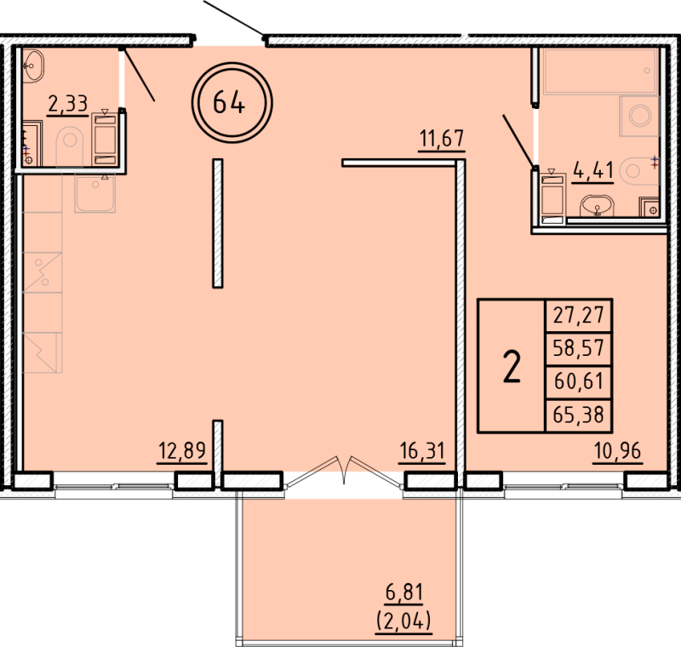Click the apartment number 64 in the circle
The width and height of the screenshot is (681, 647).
(x=229, y=103)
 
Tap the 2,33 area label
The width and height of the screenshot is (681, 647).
(x=68, y=104)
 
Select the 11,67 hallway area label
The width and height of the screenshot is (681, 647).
(x=442, y=139)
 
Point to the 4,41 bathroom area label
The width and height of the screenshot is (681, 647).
(x=593, y=170)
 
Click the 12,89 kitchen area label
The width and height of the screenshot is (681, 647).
(x=182, y=450)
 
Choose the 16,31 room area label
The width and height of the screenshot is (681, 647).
(x=422, y=450)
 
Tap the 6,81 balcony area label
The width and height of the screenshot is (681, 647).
(x=404, y=593)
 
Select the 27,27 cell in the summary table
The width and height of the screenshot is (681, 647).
(x=579, y=315)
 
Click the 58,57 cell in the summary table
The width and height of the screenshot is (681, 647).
(x=579, y=348)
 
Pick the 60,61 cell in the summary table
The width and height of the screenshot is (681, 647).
(x=579, y=381)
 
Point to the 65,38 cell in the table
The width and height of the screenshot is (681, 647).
(x=579, y=415)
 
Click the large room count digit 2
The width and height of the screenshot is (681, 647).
(x=512, y=367)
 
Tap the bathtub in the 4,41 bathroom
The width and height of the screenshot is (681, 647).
(x=600, y=72)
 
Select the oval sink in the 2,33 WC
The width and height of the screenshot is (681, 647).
(x=33, y=66)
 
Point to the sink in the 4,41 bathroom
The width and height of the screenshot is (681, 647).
(x=598, y=206)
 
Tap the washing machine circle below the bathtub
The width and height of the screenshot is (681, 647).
(x=640, y=116)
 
